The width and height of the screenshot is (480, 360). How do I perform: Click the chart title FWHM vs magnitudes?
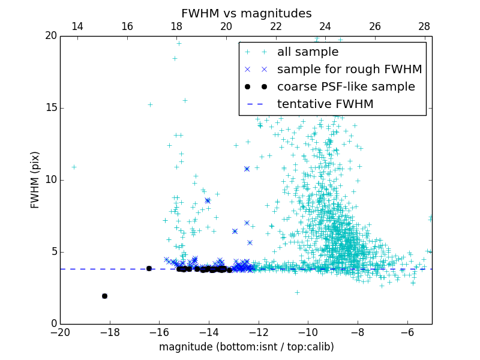246,13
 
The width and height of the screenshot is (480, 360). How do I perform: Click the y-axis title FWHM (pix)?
35,180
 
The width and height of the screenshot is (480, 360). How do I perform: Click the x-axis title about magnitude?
246,347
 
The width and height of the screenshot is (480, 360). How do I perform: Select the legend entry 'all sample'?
308,52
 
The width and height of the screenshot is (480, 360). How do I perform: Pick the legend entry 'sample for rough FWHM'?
349,69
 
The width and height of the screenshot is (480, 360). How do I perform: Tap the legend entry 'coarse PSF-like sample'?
346,86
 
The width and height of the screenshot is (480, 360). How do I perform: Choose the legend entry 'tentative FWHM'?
325,104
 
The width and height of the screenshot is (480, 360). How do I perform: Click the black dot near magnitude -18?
104,296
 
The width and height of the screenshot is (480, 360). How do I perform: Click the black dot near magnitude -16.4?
149,268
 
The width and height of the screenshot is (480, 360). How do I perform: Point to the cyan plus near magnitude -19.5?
74,167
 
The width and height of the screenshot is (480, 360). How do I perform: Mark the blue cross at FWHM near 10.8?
247,169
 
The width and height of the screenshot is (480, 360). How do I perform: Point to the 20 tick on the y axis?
50,36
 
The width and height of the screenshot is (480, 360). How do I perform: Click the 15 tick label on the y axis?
50,108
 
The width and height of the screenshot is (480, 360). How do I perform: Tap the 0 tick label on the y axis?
53,324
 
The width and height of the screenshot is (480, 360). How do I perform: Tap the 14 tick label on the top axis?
77,26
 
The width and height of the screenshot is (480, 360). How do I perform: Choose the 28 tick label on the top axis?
424,26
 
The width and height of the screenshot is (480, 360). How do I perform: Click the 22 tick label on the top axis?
276,26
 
